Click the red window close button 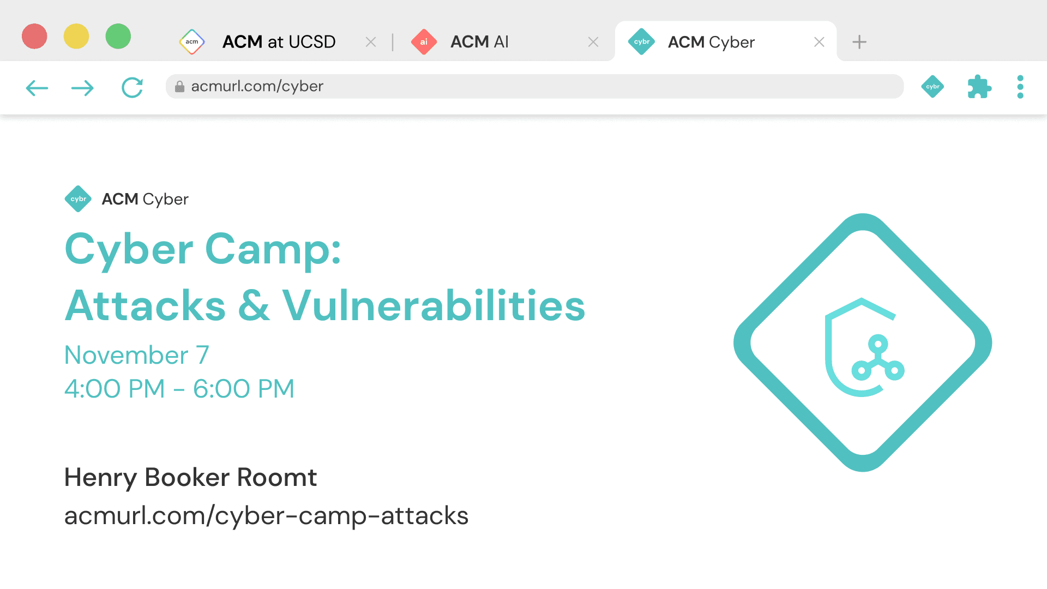[34, 37]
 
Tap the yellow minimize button [76, 37]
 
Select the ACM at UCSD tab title [279, 42]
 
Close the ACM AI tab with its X [593, 42]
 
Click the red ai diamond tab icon [424, 42]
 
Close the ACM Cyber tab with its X [819, 42]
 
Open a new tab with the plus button [859, 42]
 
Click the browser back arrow [37, 88]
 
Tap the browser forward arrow [82, 88]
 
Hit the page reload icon [132, 87]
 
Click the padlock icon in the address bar [179, 87]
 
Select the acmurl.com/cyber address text [257, 86]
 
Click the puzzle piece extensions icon [979, 87]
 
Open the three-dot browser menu [1020, 87]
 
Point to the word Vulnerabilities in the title [434, 305]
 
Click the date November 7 [136, 355]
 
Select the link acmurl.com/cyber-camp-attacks [266, 516]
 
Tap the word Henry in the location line [100, 477]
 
